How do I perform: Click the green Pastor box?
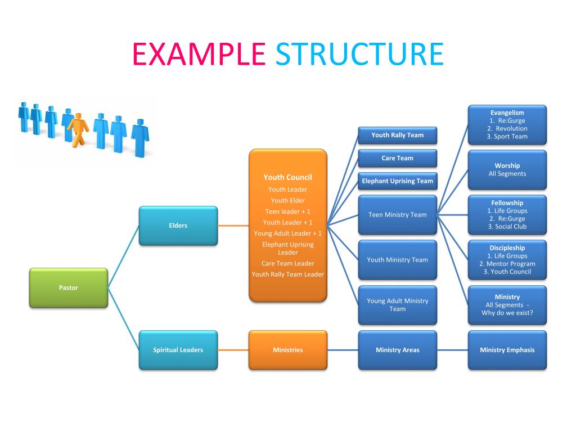coord(68,287)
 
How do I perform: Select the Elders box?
coord(178,226)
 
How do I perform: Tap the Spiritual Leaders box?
coord(178,350)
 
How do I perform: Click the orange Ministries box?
coord(287,350)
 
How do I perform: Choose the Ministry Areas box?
coord(397,350)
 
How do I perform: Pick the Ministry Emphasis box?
coord(507,350)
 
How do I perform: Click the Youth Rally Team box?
coord(397,135)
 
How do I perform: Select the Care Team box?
coord(397,158)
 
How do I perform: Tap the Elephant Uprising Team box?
coord(397,181)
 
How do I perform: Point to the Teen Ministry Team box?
coord(397,214)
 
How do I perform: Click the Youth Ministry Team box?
coord(397,260)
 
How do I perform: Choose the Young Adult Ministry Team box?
coord(397,305)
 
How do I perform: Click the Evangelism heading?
coord(507,113)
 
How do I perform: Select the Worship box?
coord(507,169)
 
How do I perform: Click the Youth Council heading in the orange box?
coord(287,177)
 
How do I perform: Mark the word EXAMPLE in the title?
coord(199,54)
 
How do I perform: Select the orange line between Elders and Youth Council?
coord(233,226)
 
